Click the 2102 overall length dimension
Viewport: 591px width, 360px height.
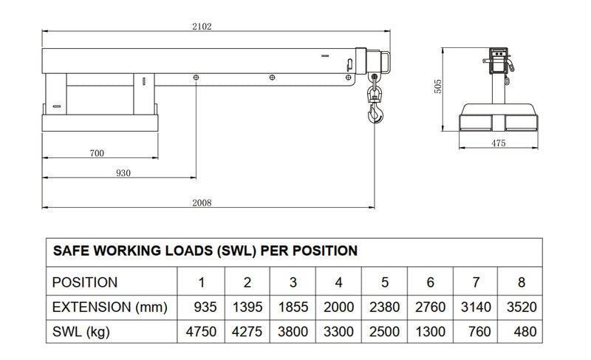(x=202, y=27)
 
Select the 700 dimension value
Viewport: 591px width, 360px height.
(x=98, y=154)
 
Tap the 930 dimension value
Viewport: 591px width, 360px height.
(x=123, y=174)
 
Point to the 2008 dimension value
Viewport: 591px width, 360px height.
(x=202, y=203)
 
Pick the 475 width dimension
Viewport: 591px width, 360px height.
(x=498, y=143)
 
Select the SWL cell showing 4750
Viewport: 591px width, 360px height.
(x=201, y=332)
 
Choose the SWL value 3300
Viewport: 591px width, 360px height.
(x=339, y=332)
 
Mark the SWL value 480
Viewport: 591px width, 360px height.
(x=525, y=332)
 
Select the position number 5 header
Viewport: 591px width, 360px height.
(x=385, y=282)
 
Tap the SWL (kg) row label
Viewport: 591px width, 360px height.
(x=81, y=332)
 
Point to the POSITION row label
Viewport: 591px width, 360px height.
(x=85, y=282)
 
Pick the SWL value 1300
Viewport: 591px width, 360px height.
(x=431, y=332)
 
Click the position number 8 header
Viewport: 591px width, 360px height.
(x=522, y=282)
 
